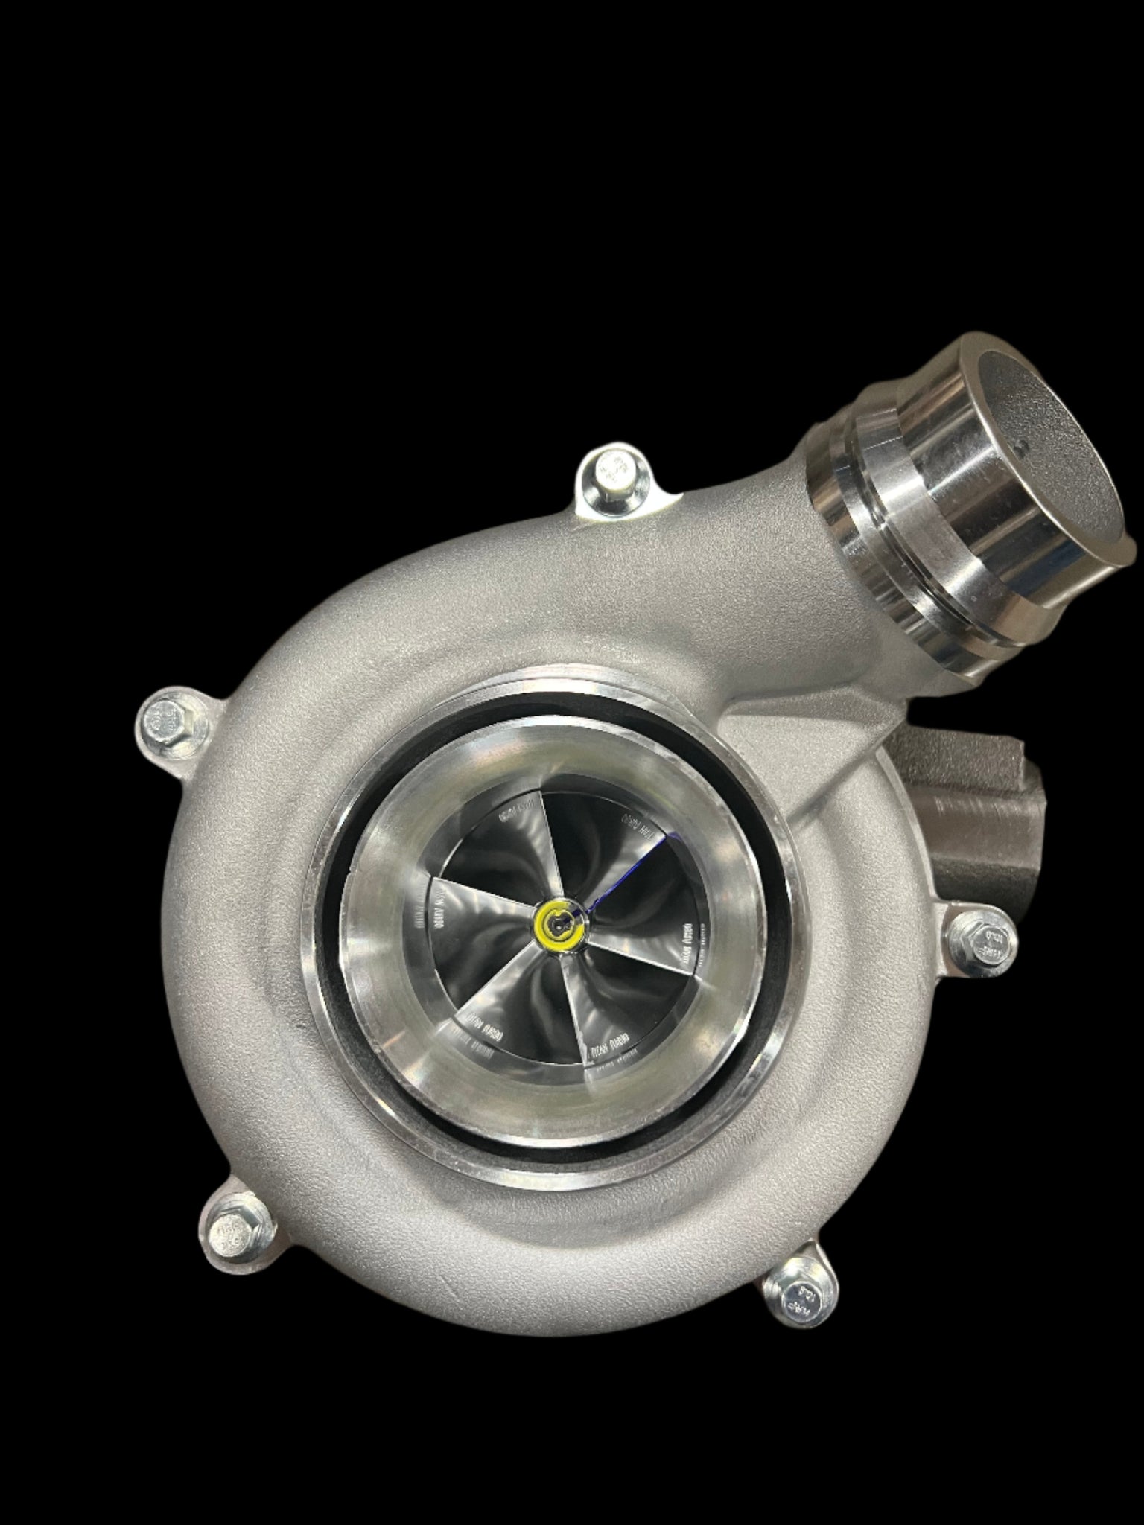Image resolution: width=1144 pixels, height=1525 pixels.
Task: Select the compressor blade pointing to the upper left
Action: click(521, 827)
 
